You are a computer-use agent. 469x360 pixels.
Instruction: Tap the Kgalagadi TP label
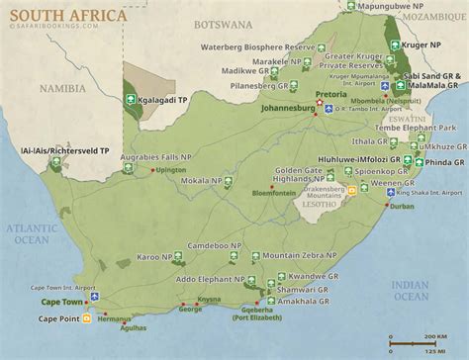coord(172,99)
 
